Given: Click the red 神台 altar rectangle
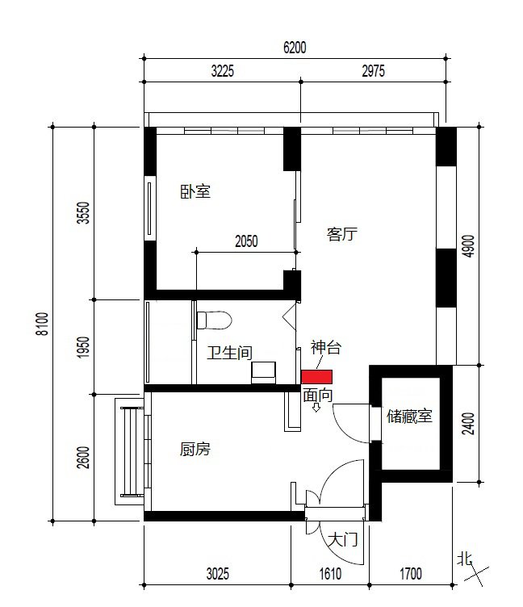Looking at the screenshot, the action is point(316,377).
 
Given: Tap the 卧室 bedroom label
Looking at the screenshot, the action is point(195,191).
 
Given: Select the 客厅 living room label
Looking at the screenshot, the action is point(342,234).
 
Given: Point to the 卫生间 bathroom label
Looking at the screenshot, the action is point(229,353).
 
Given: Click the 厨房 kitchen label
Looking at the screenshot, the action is point(195,449).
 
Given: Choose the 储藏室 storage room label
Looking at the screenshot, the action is point(409,417).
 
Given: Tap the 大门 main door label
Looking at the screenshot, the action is point(342,539).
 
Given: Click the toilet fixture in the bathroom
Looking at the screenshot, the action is point(214,320).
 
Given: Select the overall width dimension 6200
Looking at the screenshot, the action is point(295,48).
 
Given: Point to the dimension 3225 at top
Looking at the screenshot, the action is point(223,71).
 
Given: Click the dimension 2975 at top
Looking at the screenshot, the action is point(373,71).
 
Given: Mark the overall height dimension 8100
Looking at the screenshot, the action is point(43,324).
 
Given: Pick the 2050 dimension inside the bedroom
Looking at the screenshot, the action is point(246,241).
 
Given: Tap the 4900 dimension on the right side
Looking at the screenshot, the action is point(468,246).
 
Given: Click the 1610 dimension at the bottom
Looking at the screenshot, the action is point(330,574).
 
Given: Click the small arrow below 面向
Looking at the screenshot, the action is point(316,408).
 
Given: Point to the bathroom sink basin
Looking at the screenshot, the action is point(263,372).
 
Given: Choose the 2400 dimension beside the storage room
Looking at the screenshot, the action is point(468,424).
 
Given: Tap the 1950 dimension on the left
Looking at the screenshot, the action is point(84,347).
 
